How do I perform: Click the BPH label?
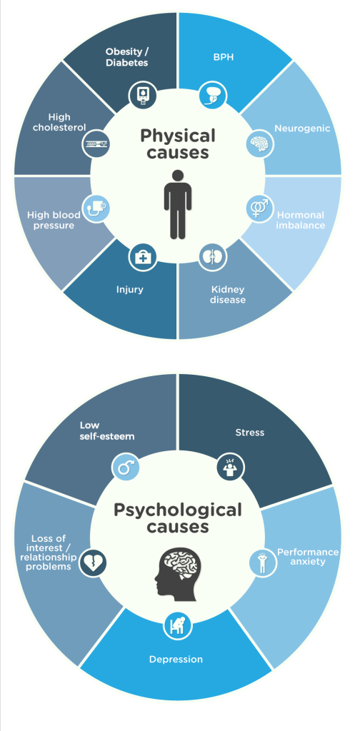pos(224,58)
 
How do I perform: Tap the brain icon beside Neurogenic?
pos(260,143)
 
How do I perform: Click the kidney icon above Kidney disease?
pos(213,257)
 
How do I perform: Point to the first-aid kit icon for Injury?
pos(143,257)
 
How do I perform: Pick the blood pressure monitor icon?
pos(96,208)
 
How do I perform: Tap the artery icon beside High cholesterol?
pos(96,144)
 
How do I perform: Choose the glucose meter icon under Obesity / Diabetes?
pos(143,95)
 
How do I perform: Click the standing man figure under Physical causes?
pos(178,205)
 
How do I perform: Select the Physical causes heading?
pos(178,143)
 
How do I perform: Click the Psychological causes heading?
pos(178,518)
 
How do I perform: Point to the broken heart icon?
pos(94,563)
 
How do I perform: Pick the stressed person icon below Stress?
pos(231,468)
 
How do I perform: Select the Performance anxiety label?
pos(308,557)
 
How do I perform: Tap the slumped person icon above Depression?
pos(177,625)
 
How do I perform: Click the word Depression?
pos(176,659)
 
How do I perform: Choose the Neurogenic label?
pos(302,128)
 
